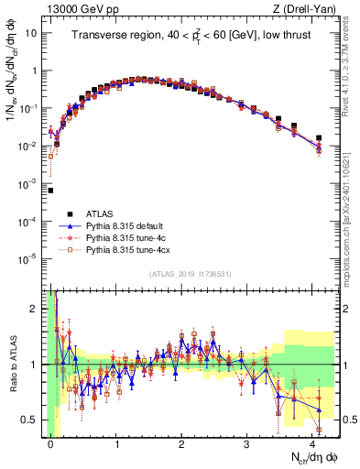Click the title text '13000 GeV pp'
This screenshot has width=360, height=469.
71,9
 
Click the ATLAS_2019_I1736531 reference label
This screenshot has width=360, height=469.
188,274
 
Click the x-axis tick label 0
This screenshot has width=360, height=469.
51,443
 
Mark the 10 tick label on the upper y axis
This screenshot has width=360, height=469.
31,32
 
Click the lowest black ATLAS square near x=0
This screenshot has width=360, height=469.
50,191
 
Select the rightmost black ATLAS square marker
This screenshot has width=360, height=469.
319,138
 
